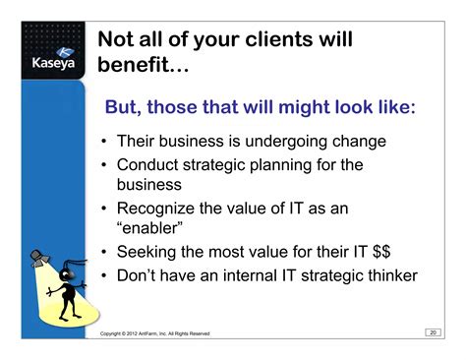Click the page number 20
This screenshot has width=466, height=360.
[x=433, y=332]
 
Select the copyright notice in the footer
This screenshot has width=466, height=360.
[x=161, y=335]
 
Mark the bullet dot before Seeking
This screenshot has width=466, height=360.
[x=103, y=254]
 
